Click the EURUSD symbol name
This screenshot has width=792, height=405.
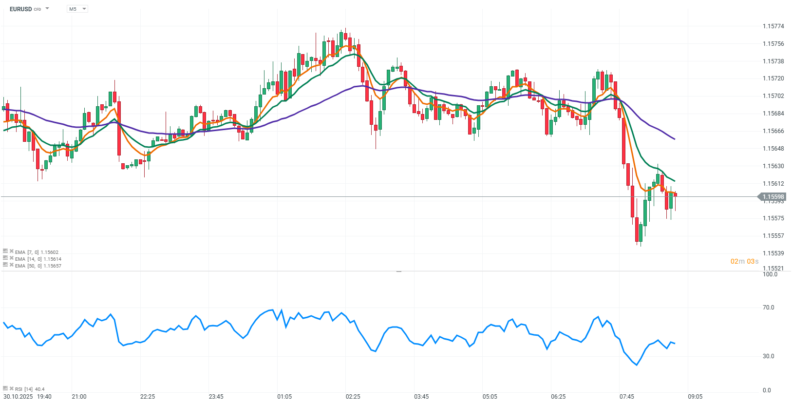[21, 9]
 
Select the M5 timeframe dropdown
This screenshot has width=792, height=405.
[77, 9]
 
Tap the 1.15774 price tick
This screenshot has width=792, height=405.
[773, 26]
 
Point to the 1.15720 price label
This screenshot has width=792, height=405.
[773, 78]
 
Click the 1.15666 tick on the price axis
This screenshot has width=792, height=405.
[773, 131]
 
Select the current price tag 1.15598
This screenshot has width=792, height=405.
[773, 197]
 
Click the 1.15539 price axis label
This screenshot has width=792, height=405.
[773, 253]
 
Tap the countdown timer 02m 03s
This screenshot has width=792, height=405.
[744, 261]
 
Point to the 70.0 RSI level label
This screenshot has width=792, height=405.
[768, 308]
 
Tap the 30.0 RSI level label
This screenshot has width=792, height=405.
[768, 356]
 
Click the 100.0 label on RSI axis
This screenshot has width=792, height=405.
[770, 274]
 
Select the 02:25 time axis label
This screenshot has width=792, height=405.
[353, 396]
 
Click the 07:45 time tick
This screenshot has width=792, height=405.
[627, 396]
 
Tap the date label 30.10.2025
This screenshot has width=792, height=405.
[18, 396]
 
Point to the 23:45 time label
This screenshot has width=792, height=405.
[216, 396]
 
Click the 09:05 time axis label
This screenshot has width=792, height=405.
[695, 396]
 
